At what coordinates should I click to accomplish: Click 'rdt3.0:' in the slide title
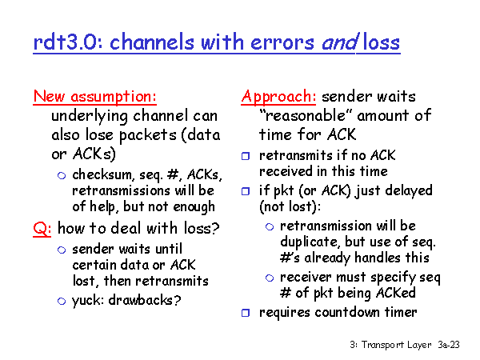pos(68,42)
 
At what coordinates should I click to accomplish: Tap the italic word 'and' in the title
pos(339,42)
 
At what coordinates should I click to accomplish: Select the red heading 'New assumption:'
pos(95,97)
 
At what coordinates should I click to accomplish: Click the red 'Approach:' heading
pos(278,97)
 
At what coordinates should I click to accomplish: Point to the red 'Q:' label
pos(42,228)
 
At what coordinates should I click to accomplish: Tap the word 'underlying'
pos(90,116)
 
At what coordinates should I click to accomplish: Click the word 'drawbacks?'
pos(145,300)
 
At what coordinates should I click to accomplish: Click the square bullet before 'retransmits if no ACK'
pos(246,156)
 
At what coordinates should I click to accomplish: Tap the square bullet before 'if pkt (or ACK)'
pos(246,191)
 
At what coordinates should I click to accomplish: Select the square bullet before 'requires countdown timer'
pos(246,313)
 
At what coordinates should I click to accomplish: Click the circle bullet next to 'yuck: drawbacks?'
pos(62,302)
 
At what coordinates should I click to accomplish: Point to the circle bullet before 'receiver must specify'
pos(270,278)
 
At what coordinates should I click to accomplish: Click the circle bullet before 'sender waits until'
pos(62,250)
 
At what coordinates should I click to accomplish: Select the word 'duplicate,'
pos(310,242)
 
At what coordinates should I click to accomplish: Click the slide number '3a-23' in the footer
pos(449,345)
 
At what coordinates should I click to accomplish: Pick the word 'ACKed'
pos(395,293)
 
